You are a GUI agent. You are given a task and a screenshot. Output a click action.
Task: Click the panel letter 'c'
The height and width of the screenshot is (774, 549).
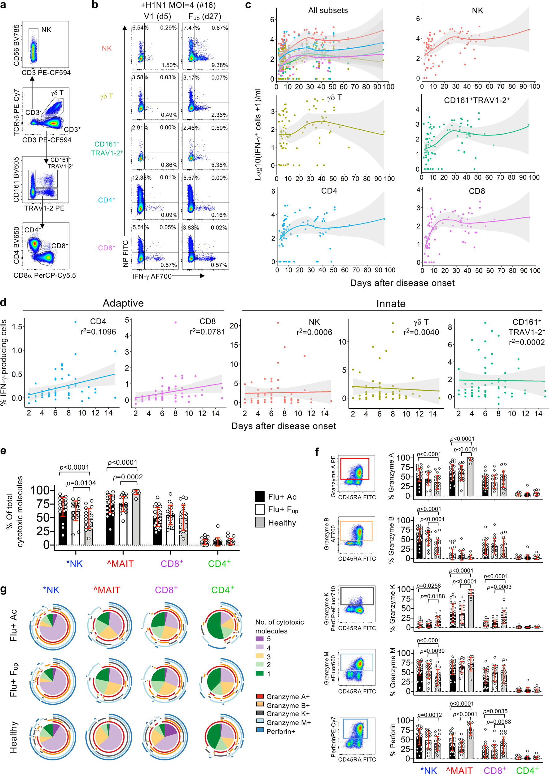tap(248, 5)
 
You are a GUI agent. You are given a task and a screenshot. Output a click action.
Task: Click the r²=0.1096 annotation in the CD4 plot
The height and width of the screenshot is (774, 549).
tap(98, 332)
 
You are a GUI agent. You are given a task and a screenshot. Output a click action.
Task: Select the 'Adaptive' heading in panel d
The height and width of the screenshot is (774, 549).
tap(123, 303)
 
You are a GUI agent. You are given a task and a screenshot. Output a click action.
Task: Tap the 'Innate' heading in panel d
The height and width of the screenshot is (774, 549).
tap(391, 303)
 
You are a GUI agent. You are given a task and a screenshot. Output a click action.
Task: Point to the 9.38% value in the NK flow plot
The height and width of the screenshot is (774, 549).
tap(220, 65)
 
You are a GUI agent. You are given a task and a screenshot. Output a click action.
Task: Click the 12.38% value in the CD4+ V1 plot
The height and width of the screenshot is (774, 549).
tap(142, 177)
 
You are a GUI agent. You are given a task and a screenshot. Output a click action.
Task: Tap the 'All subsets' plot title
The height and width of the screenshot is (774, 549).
tap(327, 11)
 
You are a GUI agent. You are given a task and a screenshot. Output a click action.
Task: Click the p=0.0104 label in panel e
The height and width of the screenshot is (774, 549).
tap(81, 483)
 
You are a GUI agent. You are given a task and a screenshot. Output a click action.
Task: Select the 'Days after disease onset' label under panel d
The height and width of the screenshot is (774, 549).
tap(283, 426)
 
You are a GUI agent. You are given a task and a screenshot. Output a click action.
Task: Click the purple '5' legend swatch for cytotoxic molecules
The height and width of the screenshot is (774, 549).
tap(259, 638)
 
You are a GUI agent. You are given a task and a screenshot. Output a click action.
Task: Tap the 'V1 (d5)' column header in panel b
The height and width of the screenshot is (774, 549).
tap(157, 16)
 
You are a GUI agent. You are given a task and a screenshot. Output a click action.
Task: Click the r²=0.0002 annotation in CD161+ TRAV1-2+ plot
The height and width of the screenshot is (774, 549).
tap(527, 342)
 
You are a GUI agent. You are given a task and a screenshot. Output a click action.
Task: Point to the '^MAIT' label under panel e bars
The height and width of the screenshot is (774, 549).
tap(120, 563)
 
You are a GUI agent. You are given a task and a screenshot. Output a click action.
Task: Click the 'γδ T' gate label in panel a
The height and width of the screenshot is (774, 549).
tap(57, 93)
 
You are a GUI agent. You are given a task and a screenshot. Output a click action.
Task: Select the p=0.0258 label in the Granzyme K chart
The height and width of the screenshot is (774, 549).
tap(428, 585)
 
